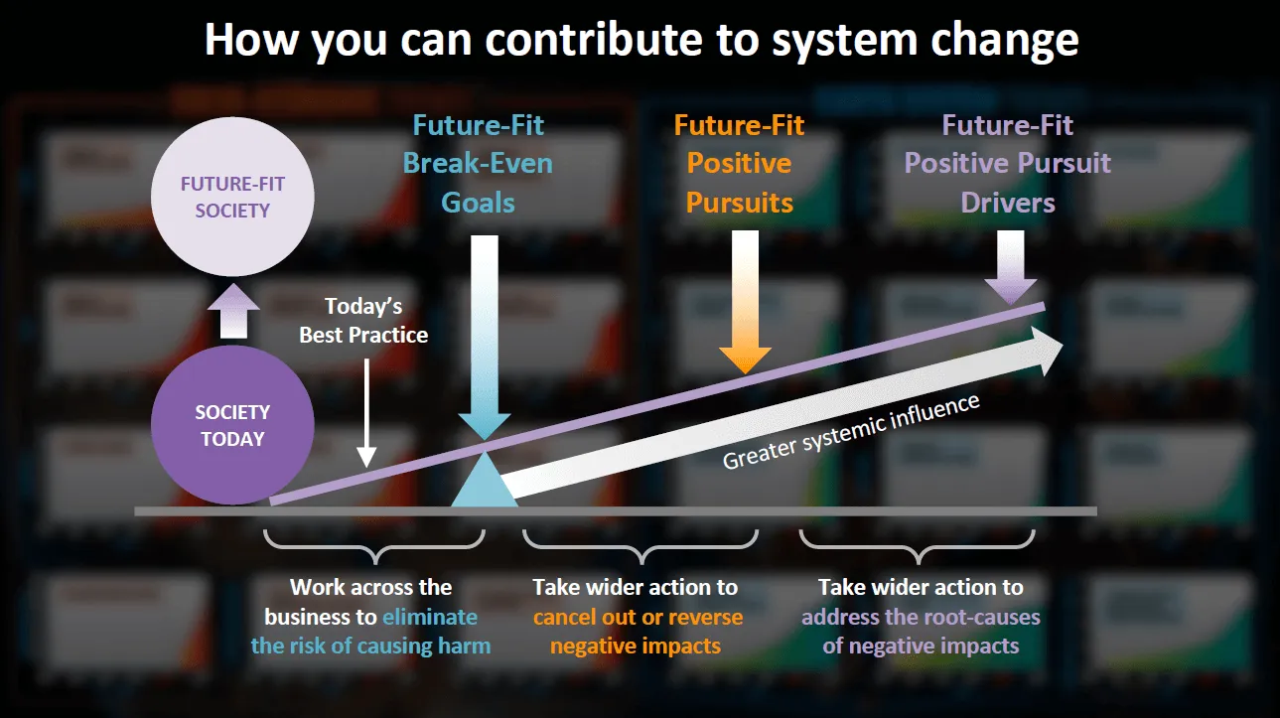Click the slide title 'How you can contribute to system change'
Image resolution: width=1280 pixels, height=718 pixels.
(641, 40)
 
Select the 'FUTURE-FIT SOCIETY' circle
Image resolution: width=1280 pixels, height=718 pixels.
(232, 198)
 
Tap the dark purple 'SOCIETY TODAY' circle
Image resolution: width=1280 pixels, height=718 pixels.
(232, 425)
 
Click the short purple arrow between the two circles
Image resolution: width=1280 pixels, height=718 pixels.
(233, 311)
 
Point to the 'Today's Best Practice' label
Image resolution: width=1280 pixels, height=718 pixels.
(363, 321)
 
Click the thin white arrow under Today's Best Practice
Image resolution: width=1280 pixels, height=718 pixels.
(366, 413)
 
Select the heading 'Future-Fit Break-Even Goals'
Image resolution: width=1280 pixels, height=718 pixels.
(479, 164)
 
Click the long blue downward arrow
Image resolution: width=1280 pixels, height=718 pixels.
(485, 338)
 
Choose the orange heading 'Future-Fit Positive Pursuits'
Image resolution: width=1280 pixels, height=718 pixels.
(740, 164)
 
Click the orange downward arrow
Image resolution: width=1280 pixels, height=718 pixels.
(745, 302)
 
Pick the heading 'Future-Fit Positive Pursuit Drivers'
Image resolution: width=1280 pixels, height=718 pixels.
(1008, 164)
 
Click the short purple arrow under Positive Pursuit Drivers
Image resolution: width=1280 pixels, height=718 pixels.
(1011, 267)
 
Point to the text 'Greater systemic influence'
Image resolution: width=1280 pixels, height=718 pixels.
(851, 431)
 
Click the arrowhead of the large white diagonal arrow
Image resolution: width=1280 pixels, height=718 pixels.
(1050, 351)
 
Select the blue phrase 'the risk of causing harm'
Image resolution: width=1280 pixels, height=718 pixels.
(370, 646)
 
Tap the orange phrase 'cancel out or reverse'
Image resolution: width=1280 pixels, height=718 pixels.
(638, 618)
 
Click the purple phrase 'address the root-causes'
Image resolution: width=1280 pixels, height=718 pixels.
(921, 618)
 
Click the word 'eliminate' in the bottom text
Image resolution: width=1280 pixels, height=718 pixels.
(430, 618)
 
